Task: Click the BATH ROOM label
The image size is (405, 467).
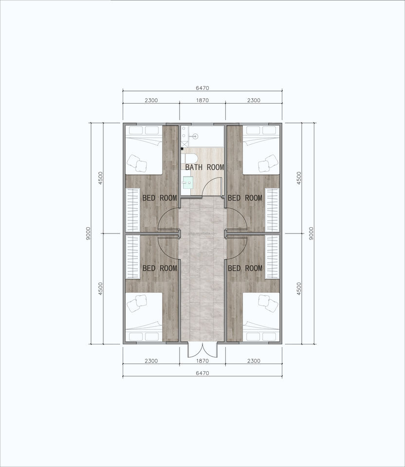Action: click(204, 167)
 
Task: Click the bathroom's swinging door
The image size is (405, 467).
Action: click(213, 186)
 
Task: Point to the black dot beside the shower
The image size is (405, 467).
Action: click(182, 148)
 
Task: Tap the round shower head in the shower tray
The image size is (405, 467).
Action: click(195, 136)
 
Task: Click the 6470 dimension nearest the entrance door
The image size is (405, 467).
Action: click(202, 373)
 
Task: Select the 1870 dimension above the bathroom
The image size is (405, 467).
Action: click(202, 100)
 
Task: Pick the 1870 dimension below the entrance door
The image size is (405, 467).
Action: click(202, 361)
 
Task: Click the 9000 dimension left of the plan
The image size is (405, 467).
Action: click(88, 233)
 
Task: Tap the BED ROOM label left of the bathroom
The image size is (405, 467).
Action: click(160, 198)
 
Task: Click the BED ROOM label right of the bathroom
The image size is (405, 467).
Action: click(245, 198)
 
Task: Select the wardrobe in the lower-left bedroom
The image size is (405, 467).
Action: click(132, 257)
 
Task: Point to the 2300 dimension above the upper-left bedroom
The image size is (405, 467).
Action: click(151, 100)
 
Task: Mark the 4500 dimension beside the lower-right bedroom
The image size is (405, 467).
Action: click(299, 288)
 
